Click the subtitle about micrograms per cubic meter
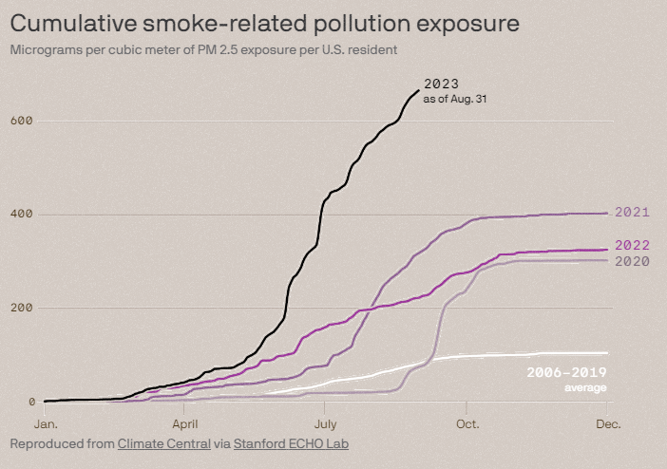(x=203, y=48)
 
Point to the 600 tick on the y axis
(x=22, y=121)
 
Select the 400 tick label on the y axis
(x=22, y=215)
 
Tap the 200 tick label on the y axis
(x=22, y=308)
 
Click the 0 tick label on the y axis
(x=29, y=402)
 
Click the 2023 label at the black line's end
(x=442, y=84)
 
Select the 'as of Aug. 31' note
(x=455, y=99)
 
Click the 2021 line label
(x=633, y=213)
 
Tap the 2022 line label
(x=633, y=245)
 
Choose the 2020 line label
(x=633, y=261)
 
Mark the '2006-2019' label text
(x=566, y=373)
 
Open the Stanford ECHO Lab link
(x=291, y=443)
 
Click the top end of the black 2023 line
(x=418, y=90)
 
